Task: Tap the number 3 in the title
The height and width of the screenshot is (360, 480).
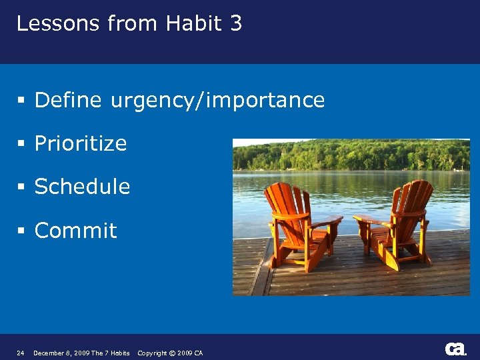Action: coord(235,24)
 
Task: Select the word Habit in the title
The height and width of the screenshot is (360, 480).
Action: coord(193,24)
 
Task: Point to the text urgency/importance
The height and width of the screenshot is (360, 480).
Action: coord(218,101)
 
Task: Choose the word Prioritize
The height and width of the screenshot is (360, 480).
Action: coord(81,144)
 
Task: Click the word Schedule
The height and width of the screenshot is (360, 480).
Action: coord(82,187)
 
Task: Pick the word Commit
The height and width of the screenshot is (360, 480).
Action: coord(75,231)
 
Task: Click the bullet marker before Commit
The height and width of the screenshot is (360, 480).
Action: coord(21,231)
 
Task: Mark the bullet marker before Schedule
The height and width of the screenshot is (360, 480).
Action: coord(21,187)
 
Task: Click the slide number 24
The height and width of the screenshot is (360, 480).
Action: coord(20,353)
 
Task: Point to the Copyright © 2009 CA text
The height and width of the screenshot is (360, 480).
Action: coord(170,353)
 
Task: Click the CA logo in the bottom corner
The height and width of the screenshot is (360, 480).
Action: coord(455,349)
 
